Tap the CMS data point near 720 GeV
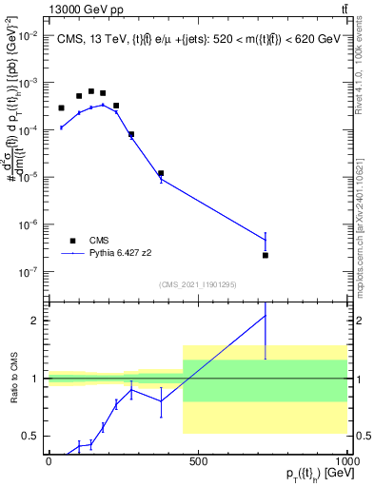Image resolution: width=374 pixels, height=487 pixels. coord(266,255)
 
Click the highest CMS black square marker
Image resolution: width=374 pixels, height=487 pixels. coord(91,91)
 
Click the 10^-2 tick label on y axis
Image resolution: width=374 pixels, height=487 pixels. coord(26,35)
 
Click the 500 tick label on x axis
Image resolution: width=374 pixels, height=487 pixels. coord(198,460)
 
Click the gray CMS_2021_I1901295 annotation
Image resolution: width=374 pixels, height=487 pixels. coord(197,284)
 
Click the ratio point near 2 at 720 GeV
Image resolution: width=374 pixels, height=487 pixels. coord(266,316)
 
